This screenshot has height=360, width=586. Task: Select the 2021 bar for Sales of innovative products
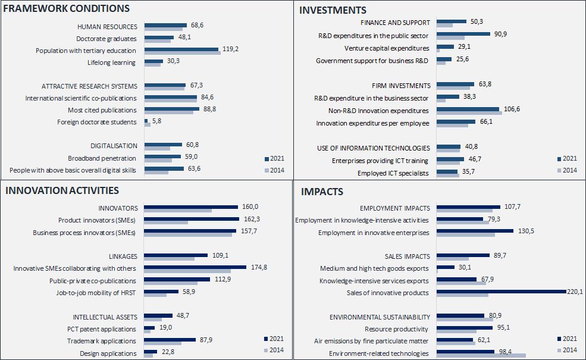pyautogui.click(x=501, y=291)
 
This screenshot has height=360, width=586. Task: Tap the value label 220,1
pyautogui.click(x=575, y=292)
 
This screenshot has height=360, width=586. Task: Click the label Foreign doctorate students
pyautogui.click(x=96, y=122)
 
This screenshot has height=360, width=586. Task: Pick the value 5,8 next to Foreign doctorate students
pyautogui.click(x=157, y=121)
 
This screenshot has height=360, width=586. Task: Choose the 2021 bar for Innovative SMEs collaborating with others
pyautogui.click(x=195, y=267)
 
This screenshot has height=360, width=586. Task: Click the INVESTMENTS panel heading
pyautogui.click(x=333, y=10)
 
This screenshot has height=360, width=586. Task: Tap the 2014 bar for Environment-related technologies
pyautogui.click(x=481, y=356)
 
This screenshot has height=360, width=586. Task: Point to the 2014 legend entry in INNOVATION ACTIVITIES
pyautogui.click(x=273, y=350)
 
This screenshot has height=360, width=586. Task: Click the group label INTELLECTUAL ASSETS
pyautogui.click(x=105, y=317)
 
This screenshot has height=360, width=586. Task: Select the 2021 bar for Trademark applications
pyautogui.click(x=170, y=340)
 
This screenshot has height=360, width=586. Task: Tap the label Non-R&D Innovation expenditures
pyautogui.click(x=378, y=111)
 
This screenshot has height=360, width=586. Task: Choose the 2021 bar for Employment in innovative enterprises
pyautogui.click(x=475, y=230)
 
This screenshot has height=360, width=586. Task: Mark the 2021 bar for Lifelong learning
pyautogui.click(x=153, y=61)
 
